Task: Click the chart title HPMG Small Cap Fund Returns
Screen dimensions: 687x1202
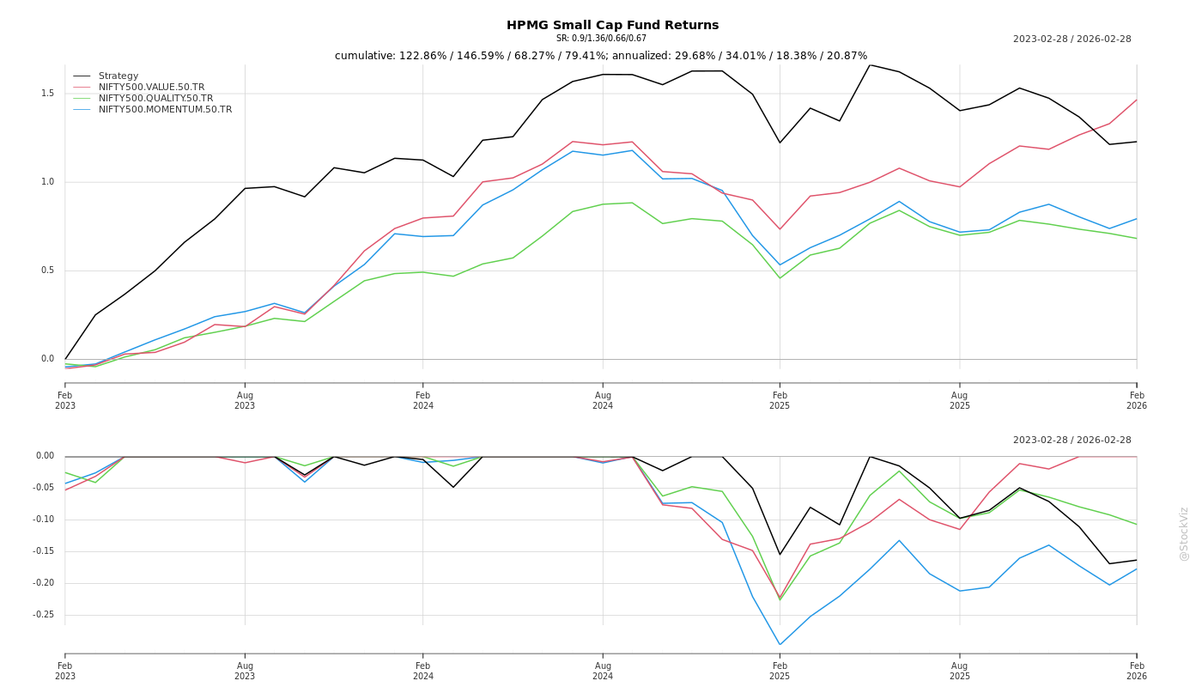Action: (x=612, y=25)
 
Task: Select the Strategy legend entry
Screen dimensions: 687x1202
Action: (x=118, y=76)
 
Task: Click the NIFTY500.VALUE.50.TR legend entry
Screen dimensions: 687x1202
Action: (x=151, y=88)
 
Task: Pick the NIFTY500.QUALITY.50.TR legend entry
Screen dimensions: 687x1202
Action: (x=155, y=99)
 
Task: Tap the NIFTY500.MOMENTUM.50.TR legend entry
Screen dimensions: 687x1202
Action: (x=165, y=110)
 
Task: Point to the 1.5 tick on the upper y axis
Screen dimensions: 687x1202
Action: (x=47, y=94)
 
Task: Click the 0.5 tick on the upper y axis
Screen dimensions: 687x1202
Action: (x=47, y=271)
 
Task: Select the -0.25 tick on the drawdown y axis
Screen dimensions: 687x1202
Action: (x=43, y=615)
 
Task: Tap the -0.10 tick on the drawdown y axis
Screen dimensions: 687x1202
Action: (x=43, y=520)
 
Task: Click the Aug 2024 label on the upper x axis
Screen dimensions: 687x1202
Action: (x=603, y=400)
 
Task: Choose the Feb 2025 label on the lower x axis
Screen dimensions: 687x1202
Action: (x=780, y=671)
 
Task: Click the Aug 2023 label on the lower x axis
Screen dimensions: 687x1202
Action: (x=245, y=671)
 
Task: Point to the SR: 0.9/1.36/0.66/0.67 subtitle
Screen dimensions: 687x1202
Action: (x=601, y=39)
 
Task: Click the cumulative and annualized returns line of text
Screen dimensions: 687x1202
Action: (x=601, y=56)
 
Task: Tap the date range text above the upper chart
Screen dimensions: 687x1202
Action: (x=1071, y=40)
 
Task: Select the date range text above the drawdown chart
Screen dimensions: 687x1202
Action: (x=1071, y=441)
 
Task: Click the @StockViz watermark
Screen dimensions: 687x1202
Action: (x=1184, y=533)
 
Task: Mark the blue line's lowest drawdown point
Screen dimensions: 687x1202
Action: (x=780, y=645)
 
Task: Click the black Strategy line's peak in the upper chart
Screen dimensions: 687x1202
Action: (x=870, y=65)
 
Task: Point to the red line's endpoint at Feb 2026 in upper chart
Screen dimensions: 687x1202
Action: (x=1137, y=100)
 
